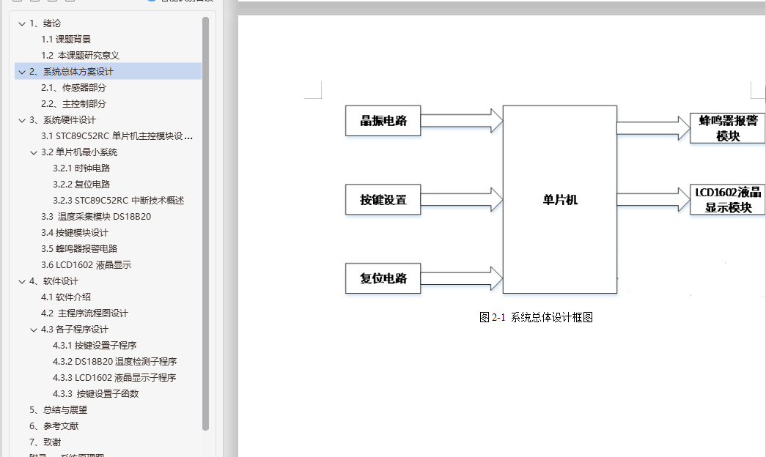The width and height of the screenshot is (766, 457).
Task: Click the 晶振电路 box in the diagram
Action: pyautogui.click(x=383, y=121)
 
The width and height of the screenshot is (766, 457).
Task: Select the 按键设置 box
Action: pyautogui.click(x=383, y=199)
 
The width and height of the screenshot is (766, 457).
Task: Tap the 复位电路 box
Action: pyautogui.click(x=383, y=278)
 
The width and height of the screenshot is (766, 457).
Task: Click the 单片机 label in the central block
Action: pyautogui.click(x=555, y=199)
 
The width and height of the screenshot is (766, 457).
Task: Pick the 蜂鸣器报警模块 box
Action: pyautogui.click(x=728, y=128)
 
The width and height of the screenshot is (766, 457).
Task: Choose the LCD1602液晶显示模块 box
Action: pyautogui.click(x=728, y=199)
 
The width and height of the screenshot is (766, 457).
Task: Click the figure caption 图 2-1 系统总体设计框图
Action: pyautogui.click(x=535, y=317)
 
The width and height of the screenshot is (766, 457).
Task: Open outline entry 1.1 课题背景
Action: pyautogui.click(x=66, y=40)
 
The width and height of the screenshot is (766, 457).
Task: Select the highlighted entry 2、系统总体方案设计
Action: pyautogui.click(x=78, y=72)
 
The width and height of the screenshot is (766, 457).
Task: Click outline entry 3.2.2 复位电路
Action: pyautogui.click(x=81, y=185)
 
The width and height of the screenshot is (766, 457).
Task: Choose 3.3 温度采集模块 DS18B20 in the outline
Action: pyautogui.click(x=96, y=217)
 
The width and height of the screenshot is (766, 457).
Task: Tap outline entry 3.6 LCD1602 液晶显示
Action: pyautogui.click(x=86, y=265)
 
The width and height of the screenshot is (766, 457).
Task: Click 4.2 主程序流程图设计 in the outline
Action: pyautogui.click(x=84, y=313)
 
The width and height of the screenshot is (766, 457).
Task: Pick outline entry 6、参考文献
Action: pyautogui.click(x=54, y=426)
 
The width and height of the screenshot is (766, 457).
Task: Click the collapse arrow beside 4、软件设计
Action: pyautogui.click(x=22, y=281)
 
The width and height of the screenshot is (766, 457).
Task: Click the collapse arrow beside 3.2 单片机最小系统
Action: pyautogui.click(x=34, y=152)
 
